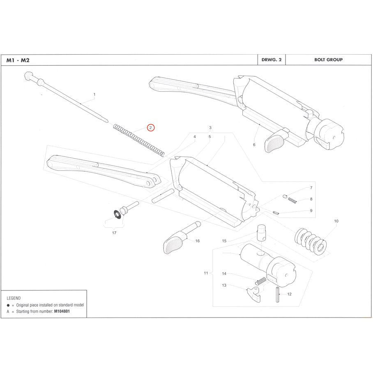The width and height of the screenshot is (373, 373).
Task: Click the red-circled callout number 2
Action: tap(151, 128)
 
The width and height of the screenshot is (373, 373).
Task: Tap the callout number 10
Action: tap(336, 221)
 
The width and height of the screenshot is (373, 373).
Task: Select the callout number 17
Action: tap(114, 233)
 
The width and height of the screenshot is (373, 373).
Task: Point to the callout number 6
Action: tap(254, 145)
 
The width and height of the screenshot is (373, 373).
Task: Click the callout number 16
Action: tap(197, 241)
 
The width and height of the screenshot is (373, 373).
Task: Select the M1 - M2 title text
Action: tap(18, 60)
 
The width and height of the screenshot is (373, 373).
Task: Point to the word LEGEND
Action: tap(14, 298)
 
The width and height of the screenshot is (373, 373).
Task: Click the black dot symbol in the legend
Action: tap(9, 306)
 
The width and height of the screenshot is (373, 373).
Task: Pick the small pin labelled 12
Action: tap(278, 295)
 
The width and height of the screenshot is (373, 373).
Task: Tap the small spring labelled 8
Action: tap(292, 200)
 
